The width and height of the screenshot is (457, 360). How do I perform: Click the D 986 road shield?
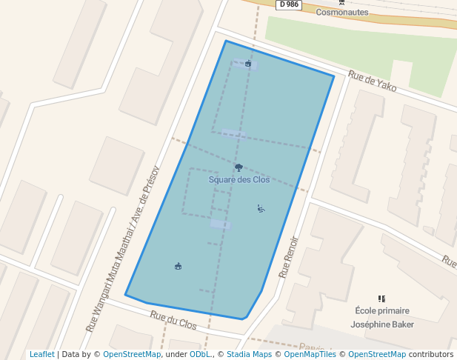click(290, 4)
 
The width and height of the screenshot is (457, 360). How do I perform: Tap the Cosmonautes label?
click(342, 13)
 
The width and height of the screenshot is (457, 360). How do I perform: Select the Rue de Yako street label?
click(373, 81)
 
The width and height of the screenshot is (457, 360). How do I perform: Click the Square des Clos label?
click(239, 180)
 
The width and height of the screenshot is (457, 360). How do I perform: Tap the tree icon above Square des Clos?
click(238, 168)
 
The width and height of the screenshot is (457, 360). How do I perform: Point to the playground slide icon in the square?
click(261, 208)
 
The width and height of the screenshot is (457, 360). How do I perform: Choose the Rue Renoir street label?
click(288, 256)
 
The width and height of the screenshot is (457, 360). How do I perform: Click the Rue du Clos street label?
click(174, 320)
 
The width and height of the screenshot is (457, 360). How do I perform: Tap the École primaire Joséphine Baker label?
click(381, 318)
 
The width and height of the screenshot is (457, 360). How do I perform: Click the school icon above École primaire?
click(381, 299)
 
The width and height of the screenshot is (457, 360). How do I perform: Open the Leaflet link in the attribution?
click(41, 355)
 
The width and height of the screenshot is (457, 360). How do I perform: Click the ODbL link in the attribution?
click(199, 355)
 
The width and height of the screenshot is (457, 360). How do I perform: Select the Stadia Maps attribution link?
click(247, 355)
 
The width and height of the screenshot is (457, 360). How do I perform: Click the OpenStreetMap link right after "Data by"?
click(132, 355)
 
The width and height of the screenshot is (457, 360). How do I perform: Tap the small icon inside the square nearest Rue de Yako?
click(248, 64)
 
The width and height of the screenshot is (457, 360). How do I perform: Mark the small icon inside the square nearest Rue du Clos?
click(178, 266)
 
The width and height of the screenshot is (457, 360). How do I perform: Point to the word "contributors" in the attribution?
click(431, 355)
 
